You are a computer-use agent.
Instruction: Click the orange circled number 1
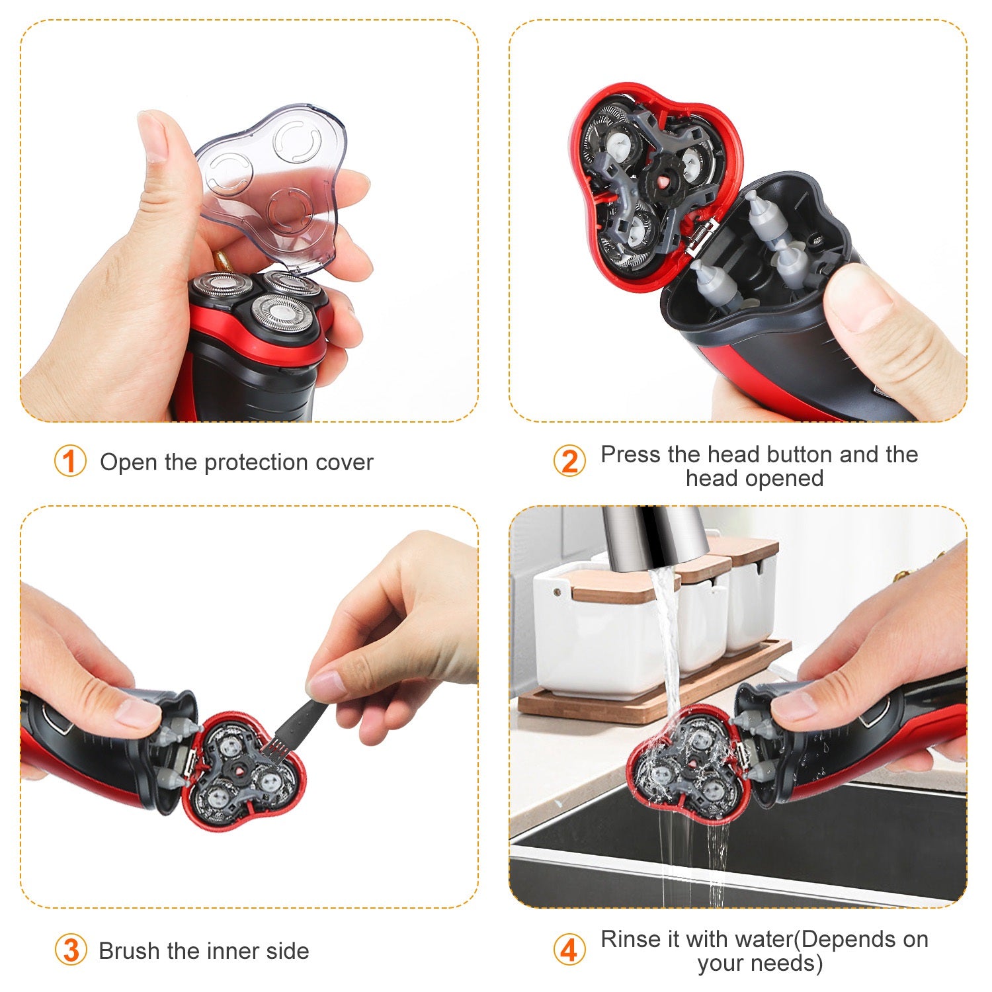(70, 461)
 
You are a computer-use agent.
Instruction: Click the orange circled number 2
(569, 461)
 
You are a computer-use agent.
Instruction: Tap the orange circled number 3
(71, 950)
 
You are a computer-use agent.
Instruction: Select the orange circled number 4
(569, 950)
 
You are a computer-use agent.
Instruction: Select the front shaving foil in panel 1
(281, 314)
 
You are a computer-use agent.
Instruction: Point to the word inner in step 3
(234, 951)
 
